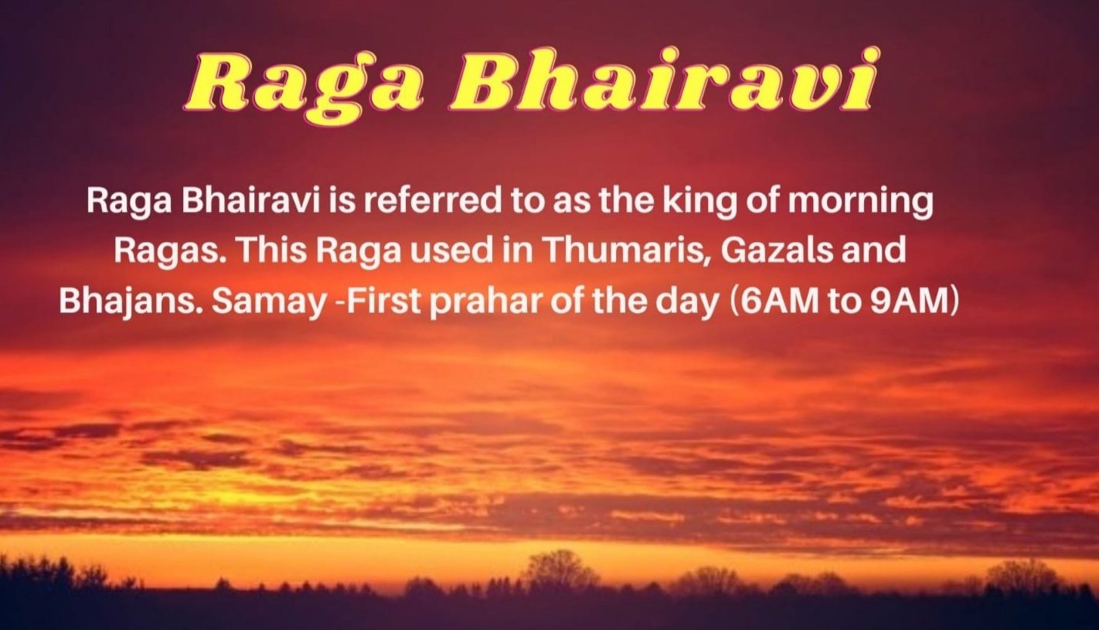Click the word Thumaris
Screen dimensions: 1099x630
click(x=627, y=250)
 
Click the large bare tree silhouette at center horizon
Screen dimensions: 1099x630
click(x=560, y=570)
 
